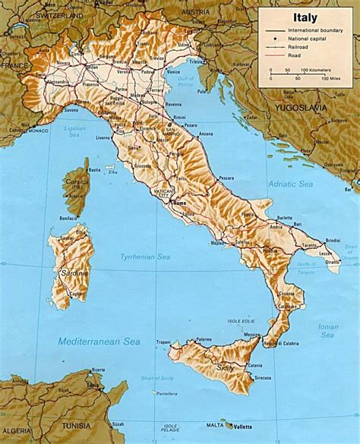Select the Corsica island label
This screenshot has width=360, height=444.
(x=77, y=184)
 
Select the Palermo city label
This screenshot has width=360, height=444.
(x=203, y=339)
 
